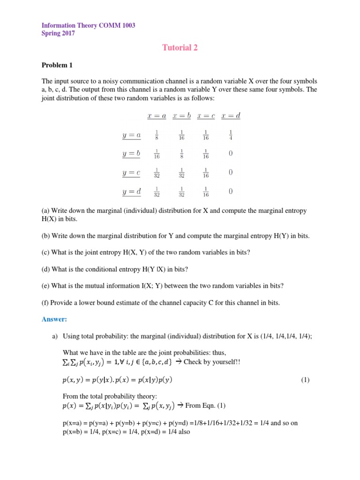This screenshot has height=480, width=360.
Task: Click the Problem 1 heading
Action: pos(57,65)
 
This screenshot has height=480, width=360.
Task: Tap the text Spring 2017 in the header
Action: pos(58,33)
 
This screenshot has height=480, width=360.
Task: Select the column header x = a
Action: pos(157,116)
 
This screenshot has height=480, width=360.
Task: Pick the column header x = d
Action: pos(231,116)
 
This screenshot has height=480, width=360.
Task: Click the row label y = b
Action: pos(131,153)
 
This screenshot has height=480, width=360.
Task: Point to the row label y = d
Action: pos(131,191)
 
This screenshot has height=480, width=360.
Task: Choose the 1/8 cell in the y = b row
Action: pos(181,154)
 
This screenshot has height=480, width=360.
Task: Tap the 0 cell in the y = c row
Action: pos(231,172)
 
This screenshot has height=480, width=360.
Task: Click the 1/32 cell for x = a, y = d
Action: pos(157,192)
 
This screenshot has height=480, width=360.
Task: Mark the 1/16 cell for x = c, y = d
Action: pos(206,192)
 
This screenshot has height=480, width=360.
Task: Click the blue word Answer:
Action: pos(54,319)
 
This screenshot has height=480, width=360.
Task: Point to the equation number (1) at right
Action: pos(305,380)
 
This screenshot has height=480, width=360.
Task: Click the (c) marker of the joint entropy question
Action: pos(46,252)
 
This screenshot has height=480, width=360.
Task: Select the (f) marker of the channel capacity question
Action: pos(45,302)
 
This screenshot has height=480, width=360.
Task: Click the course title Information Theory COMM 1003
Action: pos(89,25)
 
